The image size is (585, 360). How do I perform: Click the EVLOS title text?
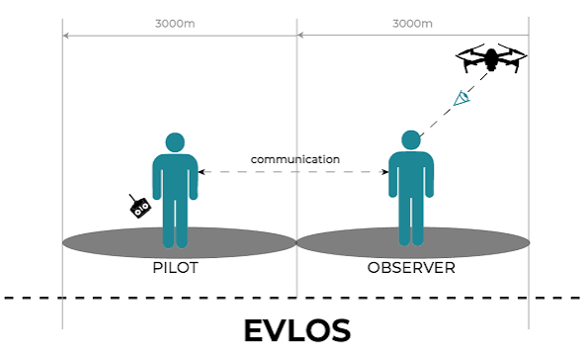[x=297, y=330]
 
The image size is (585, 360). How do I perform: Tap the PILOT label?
[x=175, y=268]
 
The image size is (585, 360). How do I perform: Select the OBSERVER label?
[x=411, y=268]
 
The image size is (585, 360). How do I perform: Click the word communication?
[x=295, y=159]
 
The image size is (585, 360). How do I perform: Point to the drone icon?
[x=491, y=58]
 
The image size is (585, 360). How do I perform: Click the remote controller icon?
[x=139, y=207]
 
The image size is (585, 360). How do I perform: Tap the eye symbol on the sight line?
[x=461, y=98]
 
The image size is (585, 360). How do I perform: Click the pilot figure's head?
[x=175, y=142]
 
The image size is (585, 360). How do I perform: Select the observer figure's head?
[x=411, y=140]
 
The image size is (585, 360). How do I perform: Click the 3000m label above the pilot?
[x=175, y=24]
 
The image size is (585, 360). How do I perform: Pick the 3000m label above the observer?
[x=412, y=24]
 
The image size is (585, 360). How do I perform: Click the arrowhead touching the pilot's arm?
[x=202, y=172]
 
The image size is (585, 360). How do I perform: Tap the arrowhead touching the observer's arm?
[x=385, y=172]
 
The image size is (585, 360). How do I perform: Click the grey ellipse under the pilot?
[x=179, y=242]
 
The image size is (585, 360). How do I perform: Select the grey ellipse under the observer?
[x=413, y=242]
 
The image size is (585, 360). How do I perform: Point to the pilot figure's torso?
[x=175, y=176]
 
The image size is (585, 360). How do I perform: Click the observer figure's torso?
[x=411, y=174]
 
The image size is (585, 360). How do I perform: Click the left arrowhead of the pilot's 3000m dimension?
[x=65, y=36]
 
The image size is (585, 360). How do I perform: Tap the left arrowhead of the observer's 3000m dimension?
[x=300, y=35]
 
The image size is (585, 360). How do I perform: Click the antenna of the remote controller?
[x=132, y=198]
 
